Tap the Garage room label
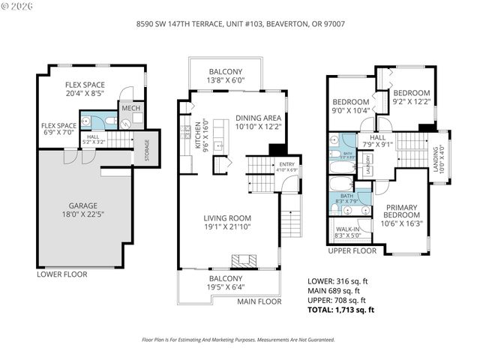coord(79,207)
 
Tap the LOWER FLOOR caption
coord(62,274)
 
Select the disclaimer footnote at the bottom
coord(238,339)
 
